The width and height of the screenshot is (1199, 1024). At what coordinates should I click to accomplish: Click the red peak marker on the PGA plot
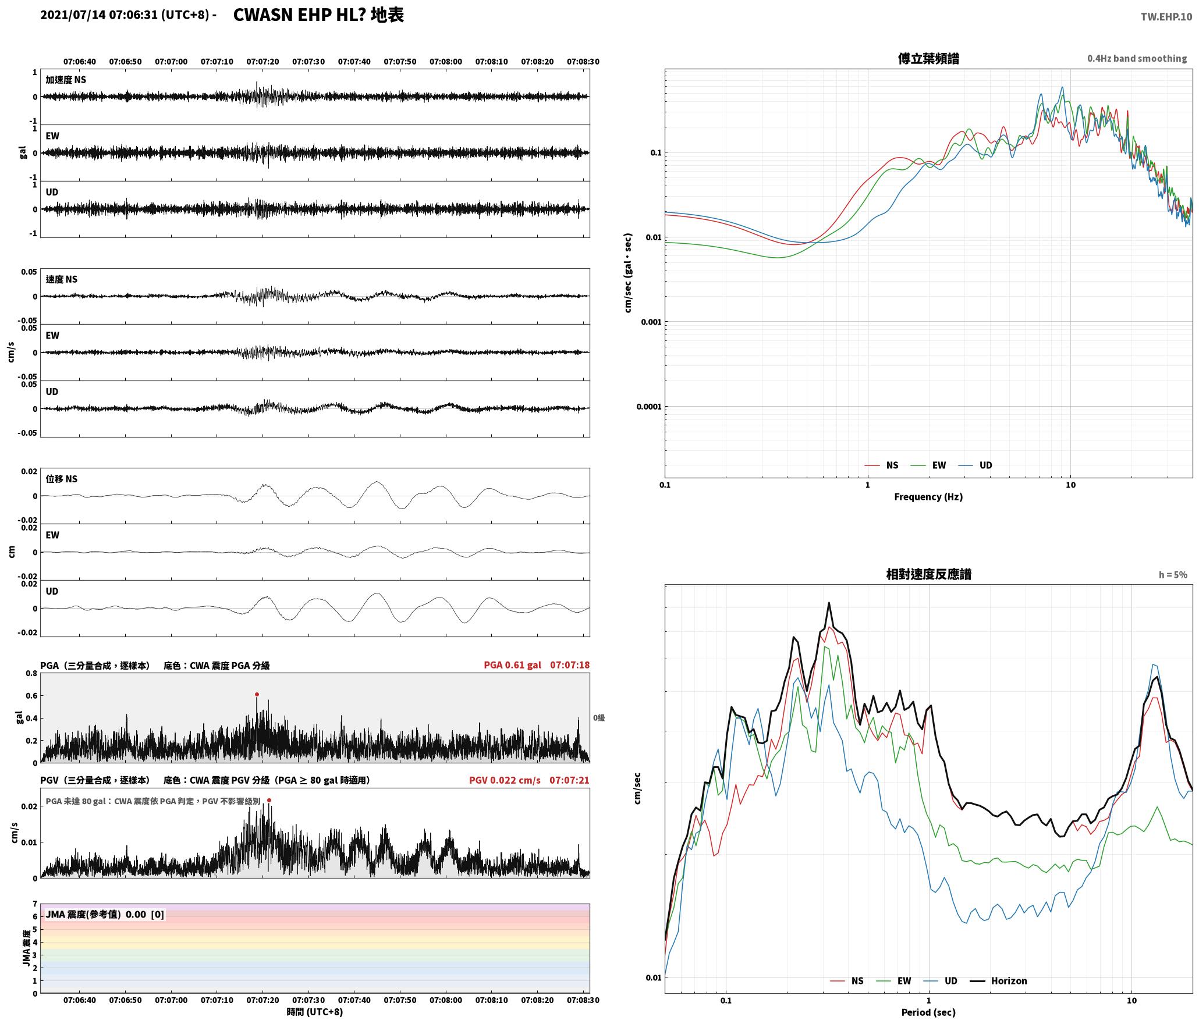coord(257,694)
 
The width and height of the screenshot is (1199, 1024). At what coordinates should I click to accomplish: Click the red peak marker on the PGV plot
coord(269,801)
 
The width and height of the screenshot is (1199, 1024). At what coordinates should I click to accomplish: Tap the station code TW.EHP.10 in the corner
coord(1166,17)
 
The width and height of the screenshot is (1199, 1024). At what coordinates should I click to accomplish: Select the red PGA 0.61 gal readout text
coord(512,665)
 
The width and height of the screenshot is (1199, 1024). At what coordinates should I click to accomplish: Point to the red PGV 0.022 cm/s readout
coord(505,780)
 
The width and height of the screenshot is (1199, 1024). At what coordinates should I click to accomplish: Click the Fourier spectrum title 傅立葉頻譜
coord(928,59)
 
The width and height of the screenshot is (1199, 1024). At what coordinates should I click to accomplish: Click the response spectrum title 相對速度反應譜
coord(928,574)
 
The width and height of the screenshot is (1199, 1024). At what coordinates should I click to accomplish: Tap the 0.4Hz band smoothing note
coord(1137,59)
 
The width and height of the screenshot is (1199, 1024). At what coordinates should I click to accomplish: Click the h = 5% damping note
coord(1173,575)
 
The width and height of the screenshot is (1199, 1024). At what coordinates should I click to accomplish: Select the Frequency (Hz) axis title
coord(928,497)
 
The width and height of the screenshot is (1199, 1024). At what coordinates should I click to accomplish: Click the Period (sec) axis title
coord(928,1012)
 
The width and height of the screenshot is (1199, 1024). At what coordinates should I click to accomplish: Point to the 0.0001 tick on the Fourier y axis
coord(649,407)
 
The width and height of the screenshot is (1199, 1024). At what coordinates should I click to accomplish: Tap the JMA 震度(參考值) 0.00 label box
coord(105,915)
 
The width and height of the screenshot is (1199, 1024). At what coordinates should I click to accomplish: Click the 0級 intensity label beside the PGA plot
coord(599,718)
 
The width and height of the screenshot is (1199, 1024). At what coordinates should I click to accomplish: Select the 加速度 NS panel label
coord(66,80)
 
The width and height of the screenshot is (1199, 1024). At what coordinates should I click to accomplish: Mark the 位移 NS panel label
coord(62,479)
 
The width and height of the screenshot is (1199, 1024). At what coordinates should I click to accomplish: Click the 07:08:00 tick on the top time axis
coord(446,62)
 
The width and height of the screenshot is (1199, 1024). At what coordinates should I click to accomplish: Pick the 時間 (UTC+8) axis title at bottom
coord(315,1012)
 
